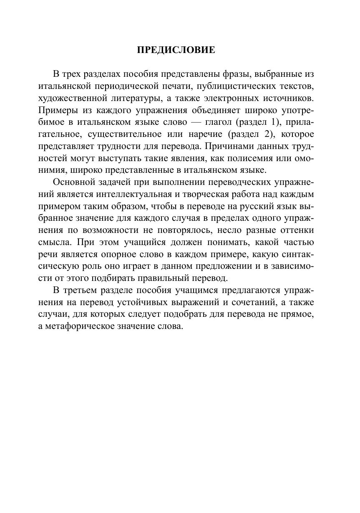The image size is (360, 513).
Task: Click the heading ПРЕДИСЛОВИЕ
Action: tap(176, 51)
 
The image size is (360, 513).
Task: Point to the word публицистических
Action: tap(232, 86)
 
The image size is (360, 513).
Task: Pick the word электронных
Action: tap(235, 99)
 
